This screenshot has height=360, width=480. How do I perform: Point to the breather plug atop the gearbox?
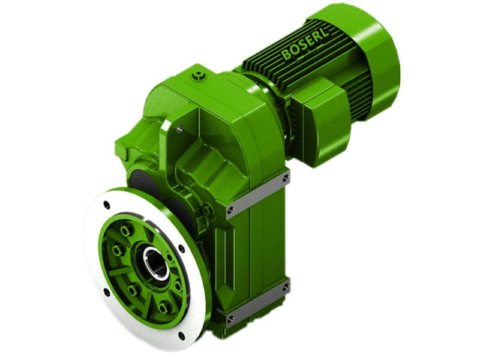pyautogui.click(x=199, y=76)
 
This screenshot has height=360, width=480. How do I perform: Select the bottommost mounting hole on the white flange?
pyautogui.click(x=181, y=335)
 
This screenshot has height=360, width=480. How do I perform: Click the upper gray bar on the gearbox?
pyautogui.click(x=258, y=193)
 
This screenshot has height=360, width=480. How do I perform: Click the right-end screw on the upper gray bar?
pyautogui.click(x=286, y=178)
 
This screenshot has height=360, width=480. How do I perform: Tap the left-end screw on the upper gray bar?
pyautogui.click(x=231, y=209)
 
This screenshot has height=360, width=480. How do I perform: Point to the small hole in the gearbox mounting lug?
pyautogui.click(x=179, y=127)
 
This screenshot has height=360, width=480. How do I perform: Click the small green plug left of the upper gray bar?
pyautogui.click(x=207, y=210)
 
